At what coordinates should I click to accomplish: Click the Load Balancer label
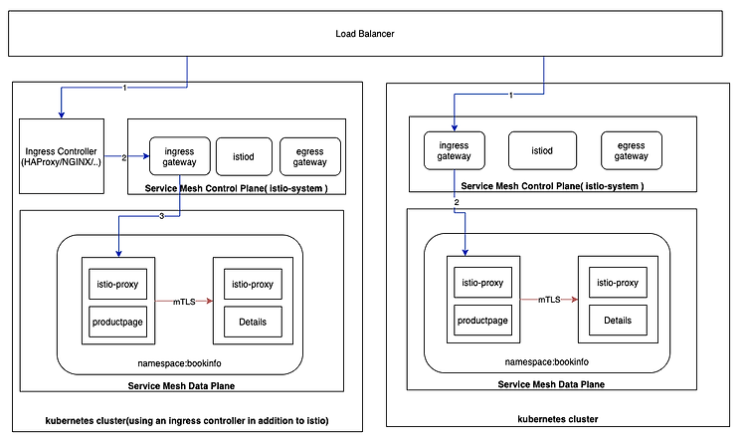click(x=365, y=34)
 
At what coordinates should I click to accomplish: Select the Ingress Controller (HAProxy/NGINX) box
click(x=62, y=156)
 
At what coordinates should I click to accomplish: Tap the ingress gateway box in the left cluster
click(x=179, y=156)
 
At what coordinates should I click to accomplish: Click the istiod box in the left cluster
click(x=244, y=156)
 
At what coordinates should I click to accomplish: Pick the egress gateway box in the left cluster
click(x=310, y=156)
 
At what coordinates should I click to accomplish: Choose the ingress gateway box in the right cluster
click(x=455, y=150)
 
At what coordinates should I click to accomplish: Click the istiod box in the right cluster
click(x=542, y=150)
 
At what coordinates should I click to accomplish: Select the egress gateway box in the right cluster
click(x=632, y=150)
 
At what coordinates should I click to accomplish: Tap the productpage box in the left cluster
click(x=118, y=322)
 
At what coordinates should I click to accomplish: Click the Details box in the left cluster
click(x=253, y=322)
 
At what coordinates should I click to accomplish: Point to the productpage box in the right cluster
click(x=482, y=321)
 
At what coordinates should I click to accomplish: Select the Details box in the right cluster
click(x=618, y=321)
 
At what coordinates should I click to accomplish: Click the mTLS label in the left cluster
click(x=184, y=302)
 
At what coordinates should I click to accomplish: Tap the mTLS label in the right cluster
click(x=549, y=300)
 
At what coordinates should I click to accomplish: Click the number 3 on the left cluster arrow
click(x=162, y=216)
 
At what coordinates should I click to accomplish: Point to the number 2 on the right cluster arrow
click(x=457, y=202)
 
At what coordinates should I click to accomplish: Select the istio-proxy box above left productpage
click(x=118, y=284)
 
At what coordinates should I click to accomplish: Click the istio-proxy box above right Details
click(x=618, y=283)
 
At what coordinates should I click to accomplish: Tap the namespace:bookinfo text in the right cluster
click(x=547, y=362)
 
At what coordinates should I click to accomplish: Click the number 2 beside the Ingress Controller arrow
click(x=124, y=157)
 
